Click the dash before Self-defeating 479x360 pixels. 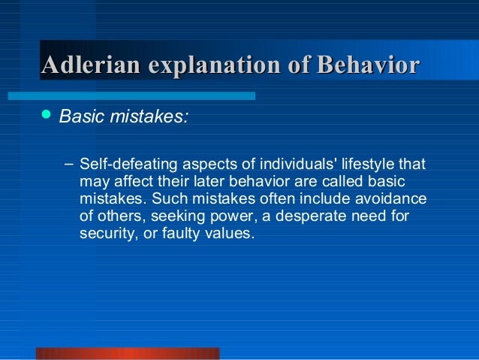(x=68, y=163)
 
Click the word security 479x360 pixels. (x=105, y=233)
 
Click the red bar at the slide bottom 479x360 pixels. (x=128, y=353)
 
